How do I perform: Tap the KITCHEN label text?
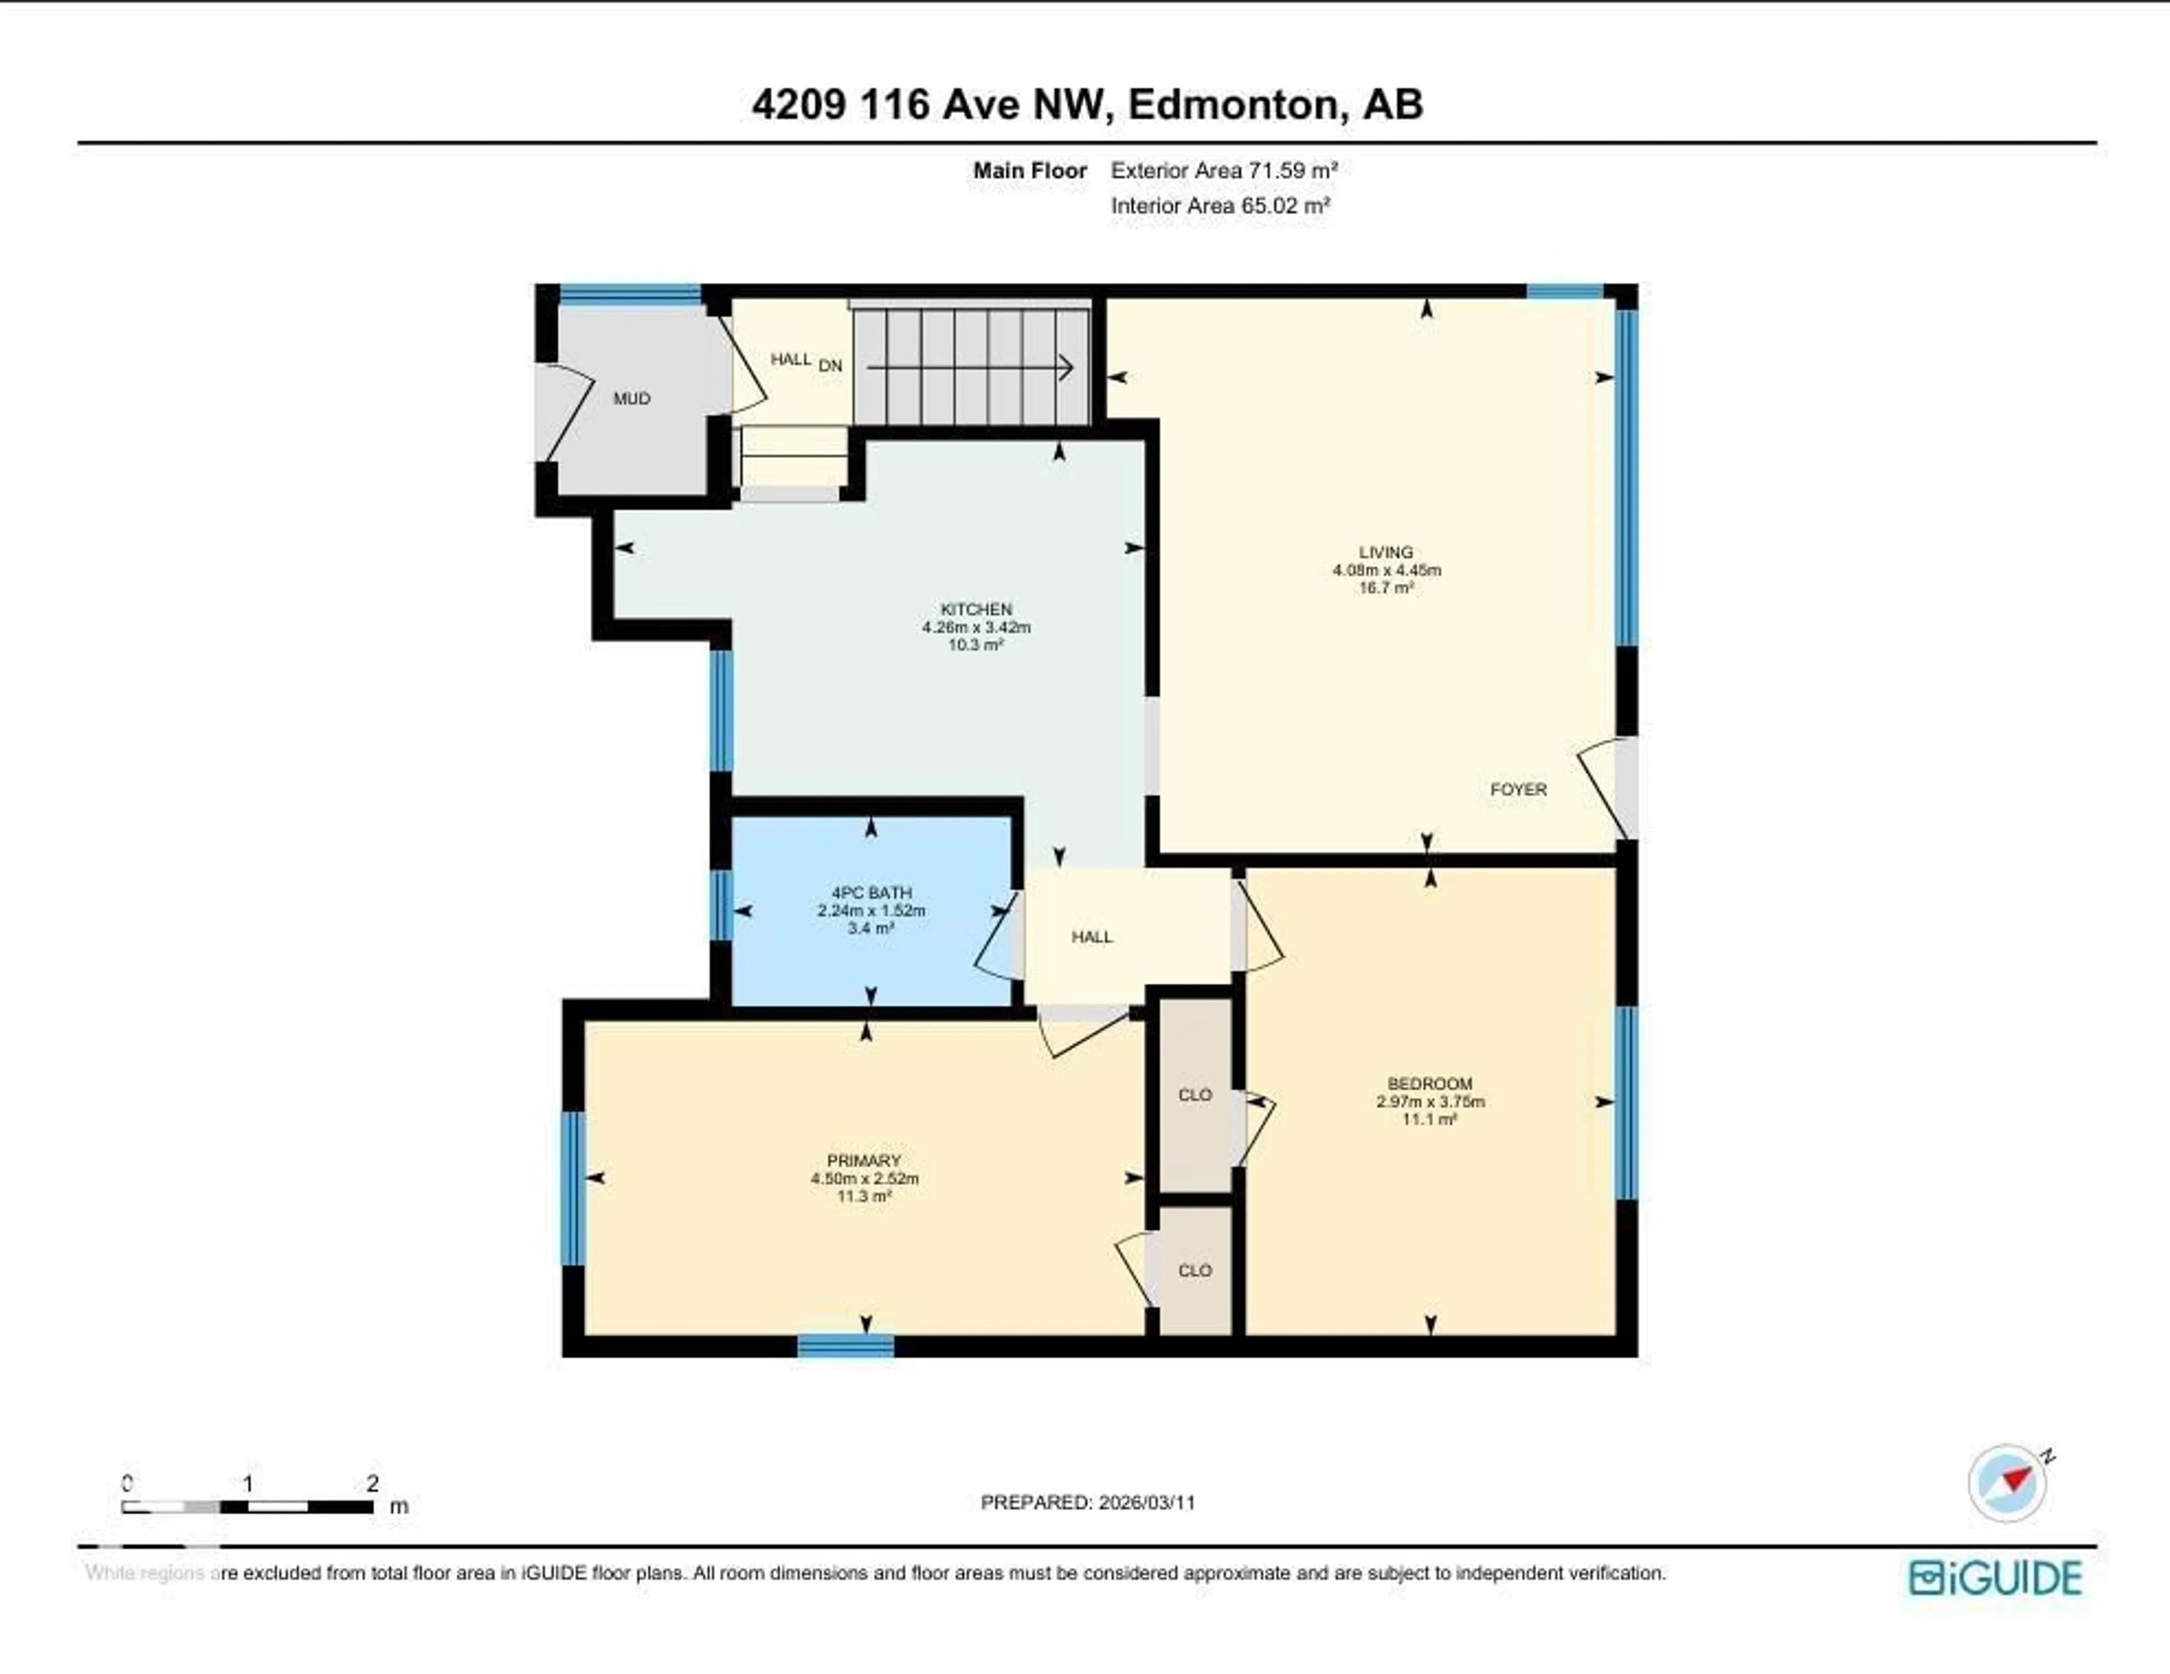(976, 609)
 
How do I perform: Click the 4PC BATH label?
(871, 892)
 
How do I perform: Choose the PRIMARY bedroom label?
(863, 1160)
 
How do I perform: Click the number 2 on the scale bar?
(372, 1483)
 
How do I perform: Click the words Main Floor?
(1030, 170)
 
